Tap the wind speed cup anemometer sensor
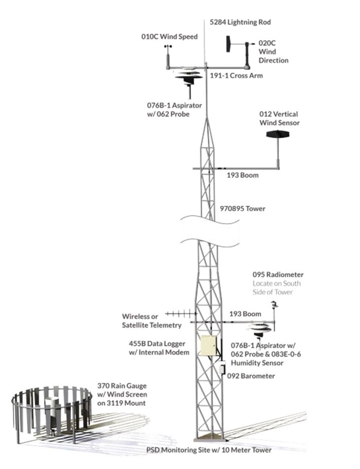167,49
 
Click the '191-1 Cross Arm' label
236,76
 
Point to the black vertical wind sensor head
278,135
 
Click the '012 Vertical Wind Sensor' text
279,118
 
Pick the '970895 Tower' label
242,208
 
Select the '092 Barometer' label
251,376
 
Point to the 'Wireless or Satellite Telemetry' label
151,321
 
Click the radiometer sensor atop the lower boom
275,305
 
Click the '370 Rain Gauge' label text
122,386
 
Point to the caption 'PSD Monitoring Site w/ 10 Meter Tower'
209,450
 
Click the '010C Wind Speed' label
169,37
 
